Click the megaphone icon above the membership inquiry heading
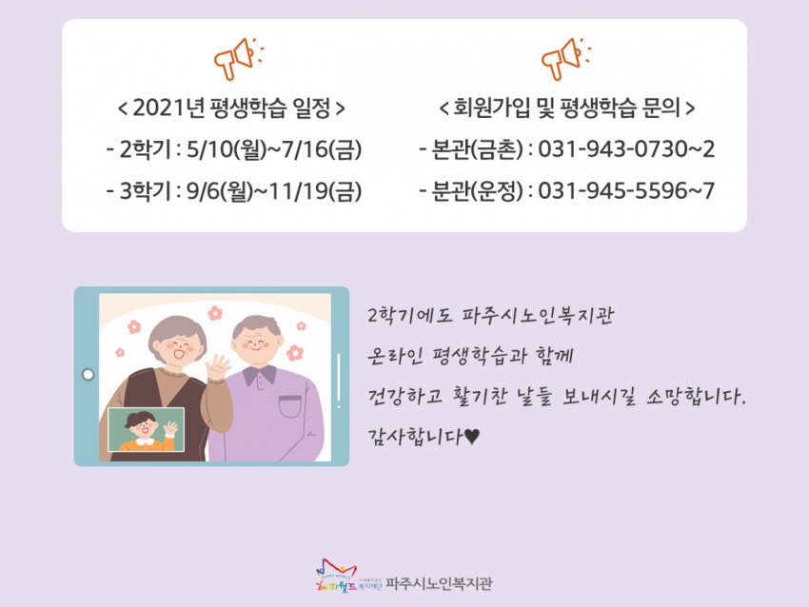[566, 58]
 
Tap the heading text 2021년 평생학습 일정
[231, 108]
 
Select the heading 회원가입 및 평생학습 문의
[566, 108]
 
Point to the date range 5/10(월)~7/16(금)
[274, 150]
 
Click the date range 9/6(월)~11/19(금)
[274, 191]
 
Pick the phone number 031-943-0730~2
[626, 149]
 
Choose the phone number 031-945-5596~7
[626, 191]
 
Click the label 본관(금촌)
[476, 150]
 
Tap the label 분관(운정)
[476, 191]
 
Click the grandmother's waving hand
[218, 366]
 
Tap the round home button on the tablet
[89, 375]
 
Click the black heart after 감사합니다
[472, 438]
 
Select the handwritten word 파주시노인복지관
[538, 315]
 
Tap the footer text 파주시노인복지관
[439, 584]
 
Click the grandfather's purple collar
[261, 375]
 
